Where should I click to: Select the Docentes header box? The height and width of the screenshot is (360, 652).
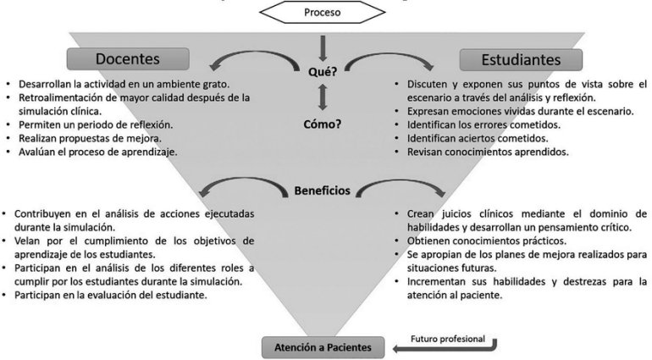(126, 59)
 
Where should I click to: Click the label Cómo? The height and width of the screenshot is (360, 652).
(323, 124)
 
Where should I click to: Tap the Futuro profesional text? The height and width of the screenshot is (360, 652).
(448, 338)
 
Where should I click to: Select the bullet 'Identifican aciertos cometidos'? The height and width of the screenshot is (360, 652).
(478, 137)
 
